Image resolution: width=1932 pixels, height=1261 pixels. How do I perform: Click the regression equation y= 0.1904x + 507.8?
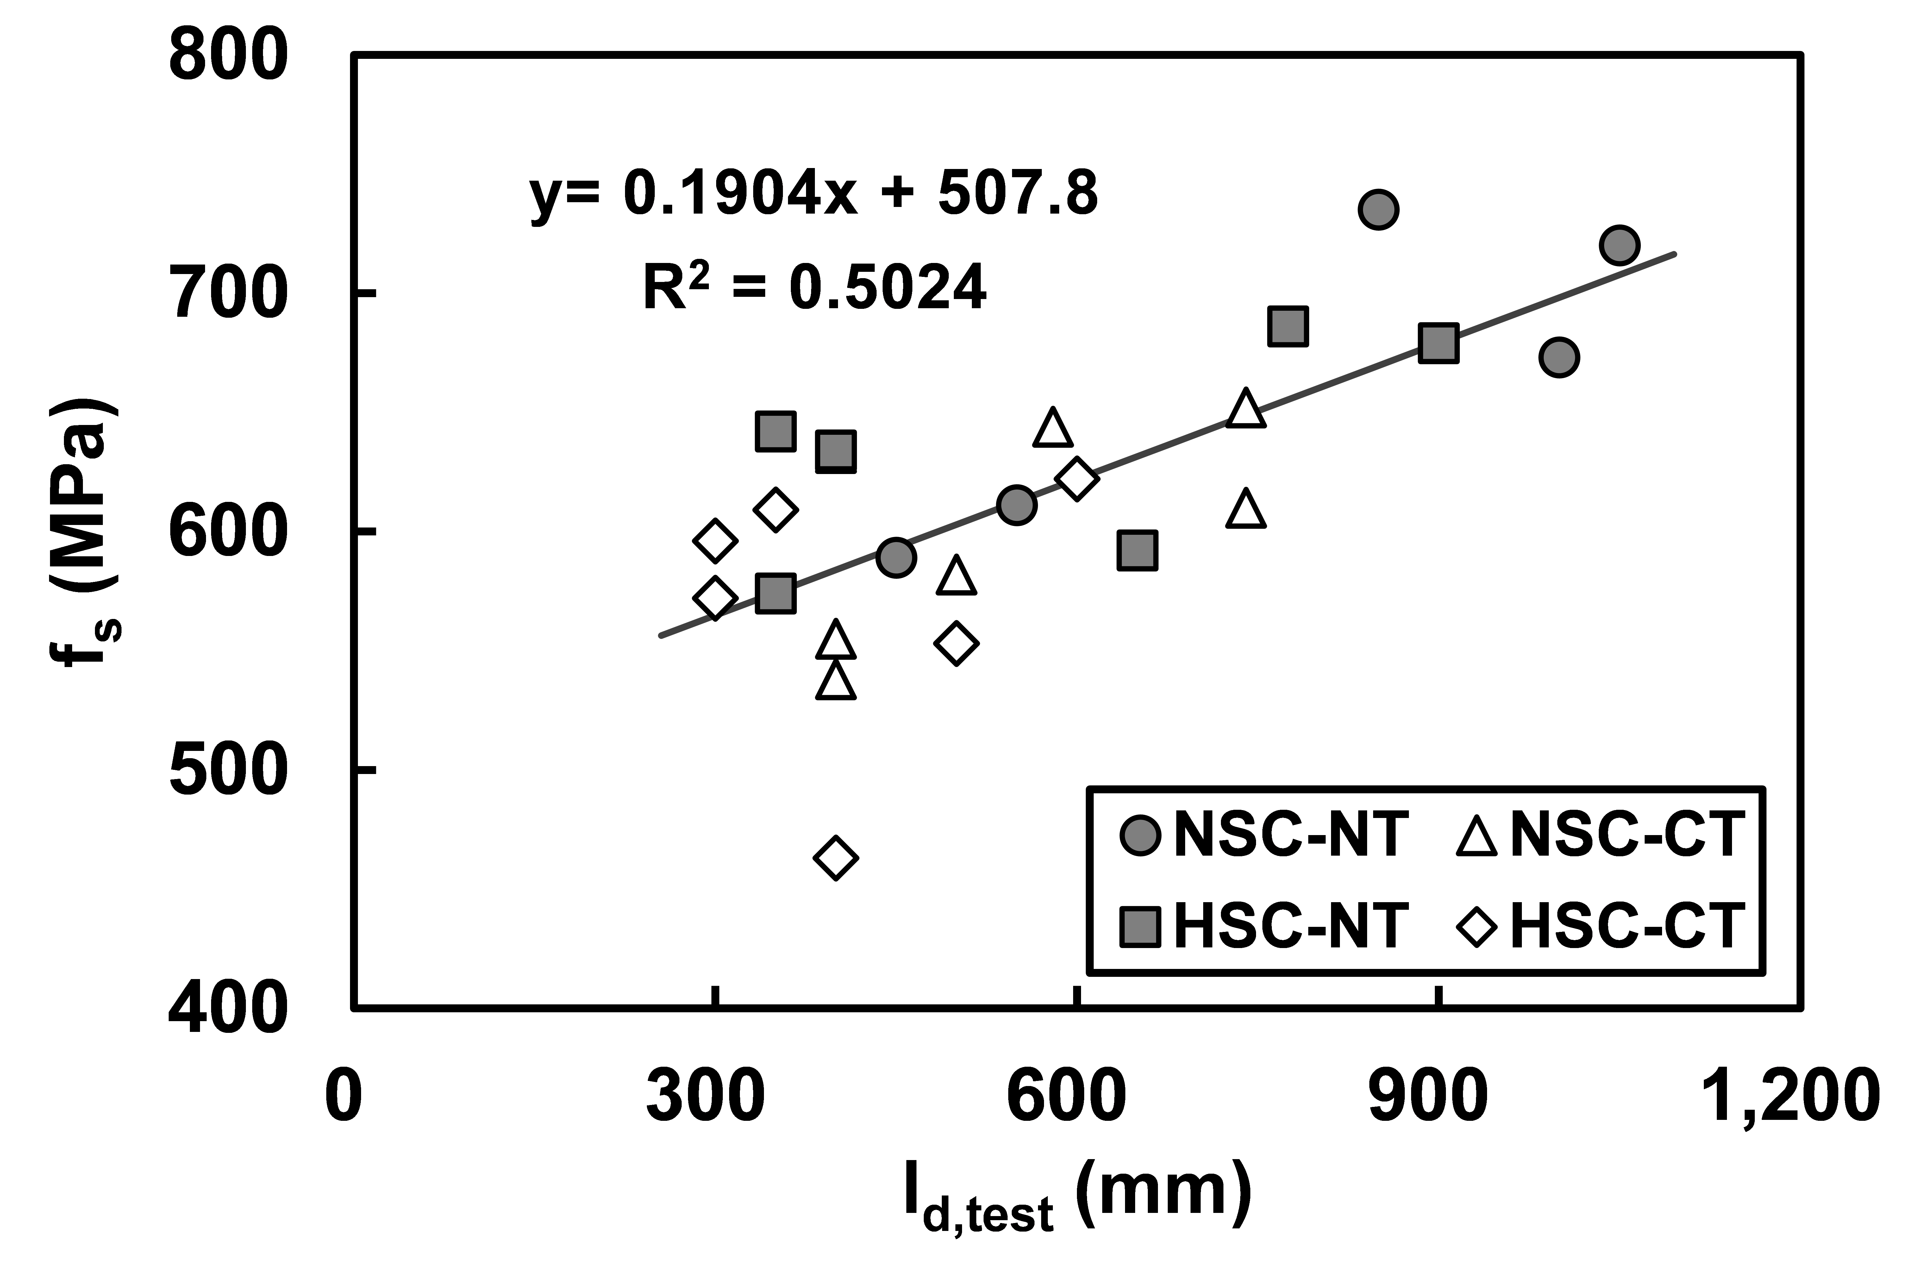813,195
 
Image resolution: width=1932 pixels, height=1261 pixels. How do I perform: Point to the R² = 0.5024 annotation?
814,288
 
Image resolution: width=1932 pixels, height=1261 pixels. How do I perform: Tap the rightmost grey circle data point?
1619,245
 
